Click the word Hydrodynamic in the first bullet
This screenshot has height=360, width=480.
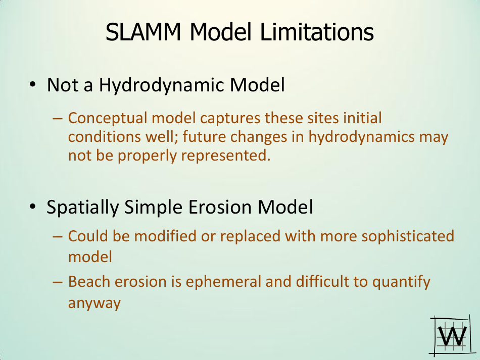point(161,85)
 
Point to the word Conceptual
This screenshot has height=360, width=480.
point(101,119)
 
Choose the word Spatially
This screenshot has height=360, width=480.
point(82,208)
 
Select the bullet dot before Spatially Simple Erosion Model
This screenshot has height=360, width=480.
point(32,207)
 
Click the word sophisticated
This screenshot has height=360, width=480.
point(400,236)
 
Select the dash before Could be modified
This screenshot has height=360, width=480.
point(57,236)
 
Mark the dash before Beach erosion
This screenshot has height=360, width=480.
point(57,282)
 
